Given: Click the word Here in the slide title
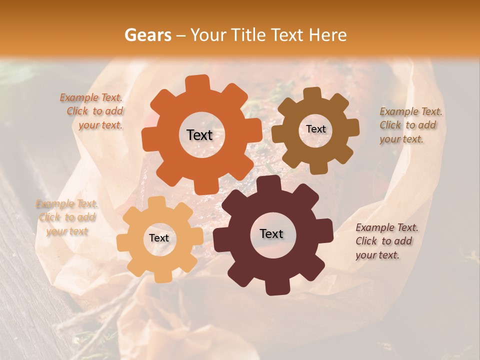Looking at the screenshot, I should coord(327,35).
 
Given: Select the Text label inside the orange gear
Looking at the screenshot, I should coord(199,135).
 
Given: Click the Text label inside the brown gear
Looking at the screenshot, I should coord(315,129).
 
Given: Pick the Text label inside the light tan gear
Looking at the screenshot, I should coord(159,238).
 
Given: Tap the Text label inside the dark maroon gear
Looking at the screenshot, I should coord(271,233).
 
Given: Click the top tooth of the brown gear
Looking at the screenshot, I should coord(312,93).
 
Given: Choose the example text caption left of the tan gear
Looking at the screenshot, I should coord(66,217).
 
